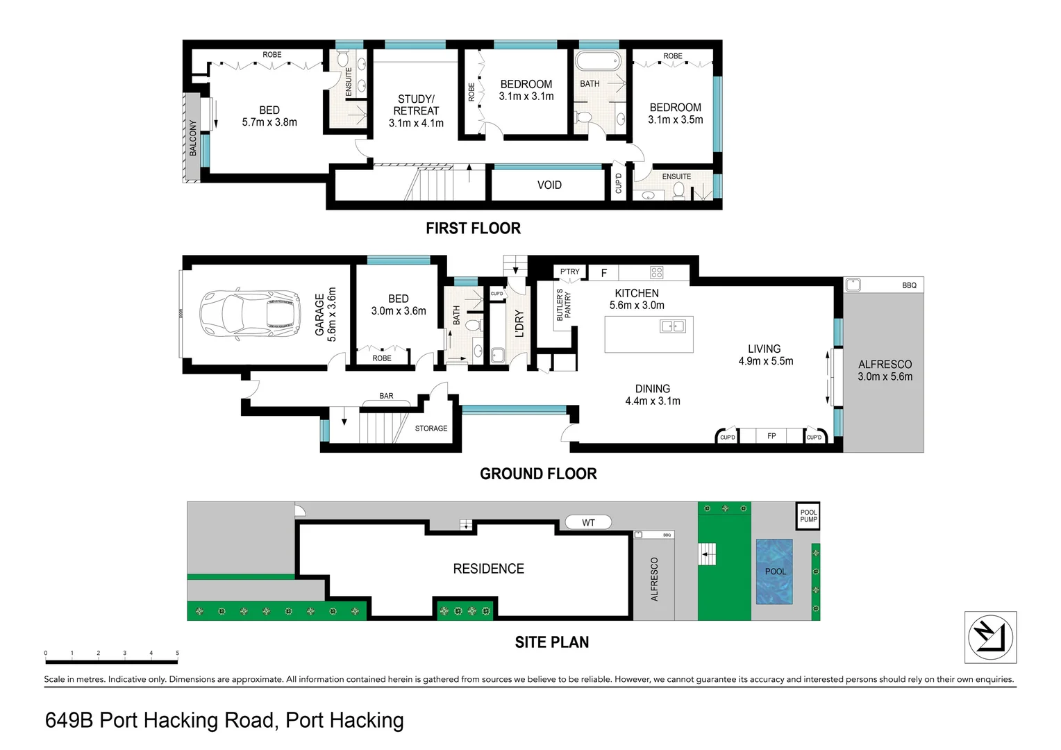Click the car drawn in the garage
(x=251, y=315)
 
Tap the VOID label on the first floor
(x=549, y=185)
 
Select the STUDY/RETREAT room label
(x=416, y=110)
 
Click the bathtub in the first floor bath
(x=598, y=61)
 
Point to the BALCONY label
(x=193, y=137)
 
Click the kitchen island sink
(x=672, y=326)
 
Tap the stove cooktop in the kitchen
(x=656, y=272)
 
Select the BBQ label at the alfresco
(x=909, y=285)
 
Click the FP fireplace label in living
(x=771, y=436)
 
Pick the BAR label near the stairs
(x=386, y=396)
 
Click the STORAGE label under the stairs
(x=431, y=428)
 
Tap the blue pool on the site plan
(x=774, y=571)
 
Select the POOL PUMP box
(x=808, y=516)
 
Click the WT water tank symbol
(x=588, y=522)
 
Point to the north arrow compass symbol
(x=990, y=637)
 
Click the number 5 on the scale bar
(x=177, y=653)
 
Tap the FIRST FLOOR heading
(x=473, y=228)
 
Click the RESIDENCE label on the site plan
(x=488, y=569)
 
